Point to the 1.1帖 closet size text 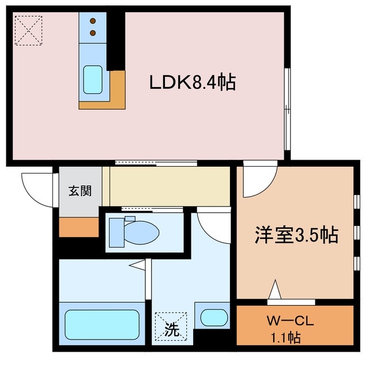(x=287, y=337)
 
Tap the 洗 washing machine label (x=172, y=331)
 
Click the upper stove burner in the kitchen (x=92, y=22)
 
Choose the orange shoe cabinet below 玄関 (x=78, y=227)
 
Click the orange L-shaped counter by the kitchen (x=115, y=96)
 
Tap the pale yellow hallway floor (x=170, y=186)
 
